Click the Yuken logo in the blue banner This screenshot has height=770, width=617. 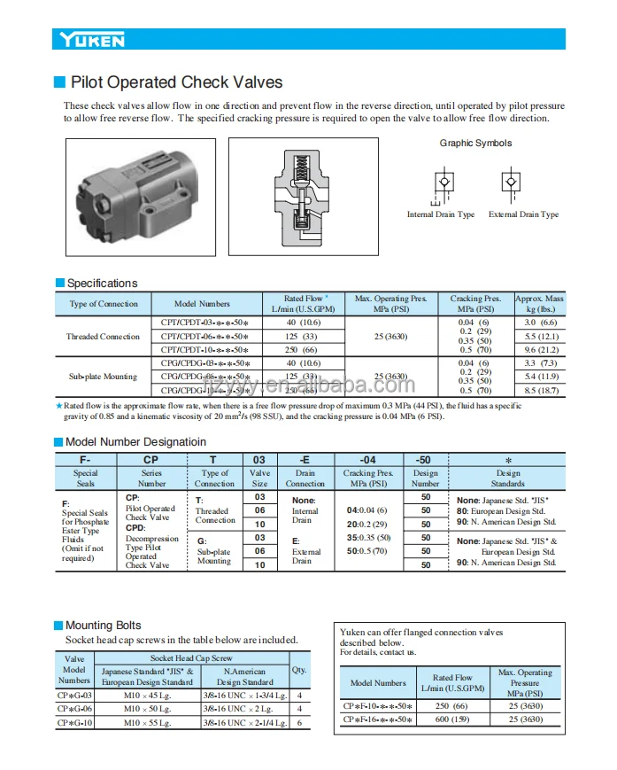(x=92, y=40)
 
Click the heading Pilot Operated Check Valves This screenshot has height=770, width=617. (x=176, y=82)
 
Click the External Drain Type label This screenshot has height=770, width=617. (x=523, y=214)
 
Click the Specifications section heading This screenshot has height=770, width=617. (x=102, y=284)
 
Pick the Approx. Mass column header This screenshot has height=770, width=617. (x=539, y=304)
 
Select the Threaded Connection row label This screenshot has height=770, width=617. (x=103, y=337)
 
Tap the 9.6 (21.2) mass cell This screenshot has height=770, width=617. (x=539, y=350)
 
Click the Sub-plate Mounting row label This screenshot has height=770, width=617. (x=103, y=377)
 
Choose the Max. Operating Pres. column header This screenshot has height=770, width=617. (x=389, y=304)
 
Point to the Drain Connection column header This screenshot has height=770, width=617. (x=305, y=478)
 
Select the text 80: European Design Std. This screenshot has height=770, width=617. (x=500, y=511)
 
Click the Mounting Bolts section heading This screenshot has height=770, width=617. (x=103, y=626)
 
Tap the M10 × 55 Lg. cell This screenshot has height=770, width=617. (x=146, y=723)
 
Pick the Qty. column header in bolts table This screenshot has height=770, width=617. (x=299, y=670)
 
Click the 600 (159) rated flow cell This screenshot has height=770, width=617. (x=452, y=719)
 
